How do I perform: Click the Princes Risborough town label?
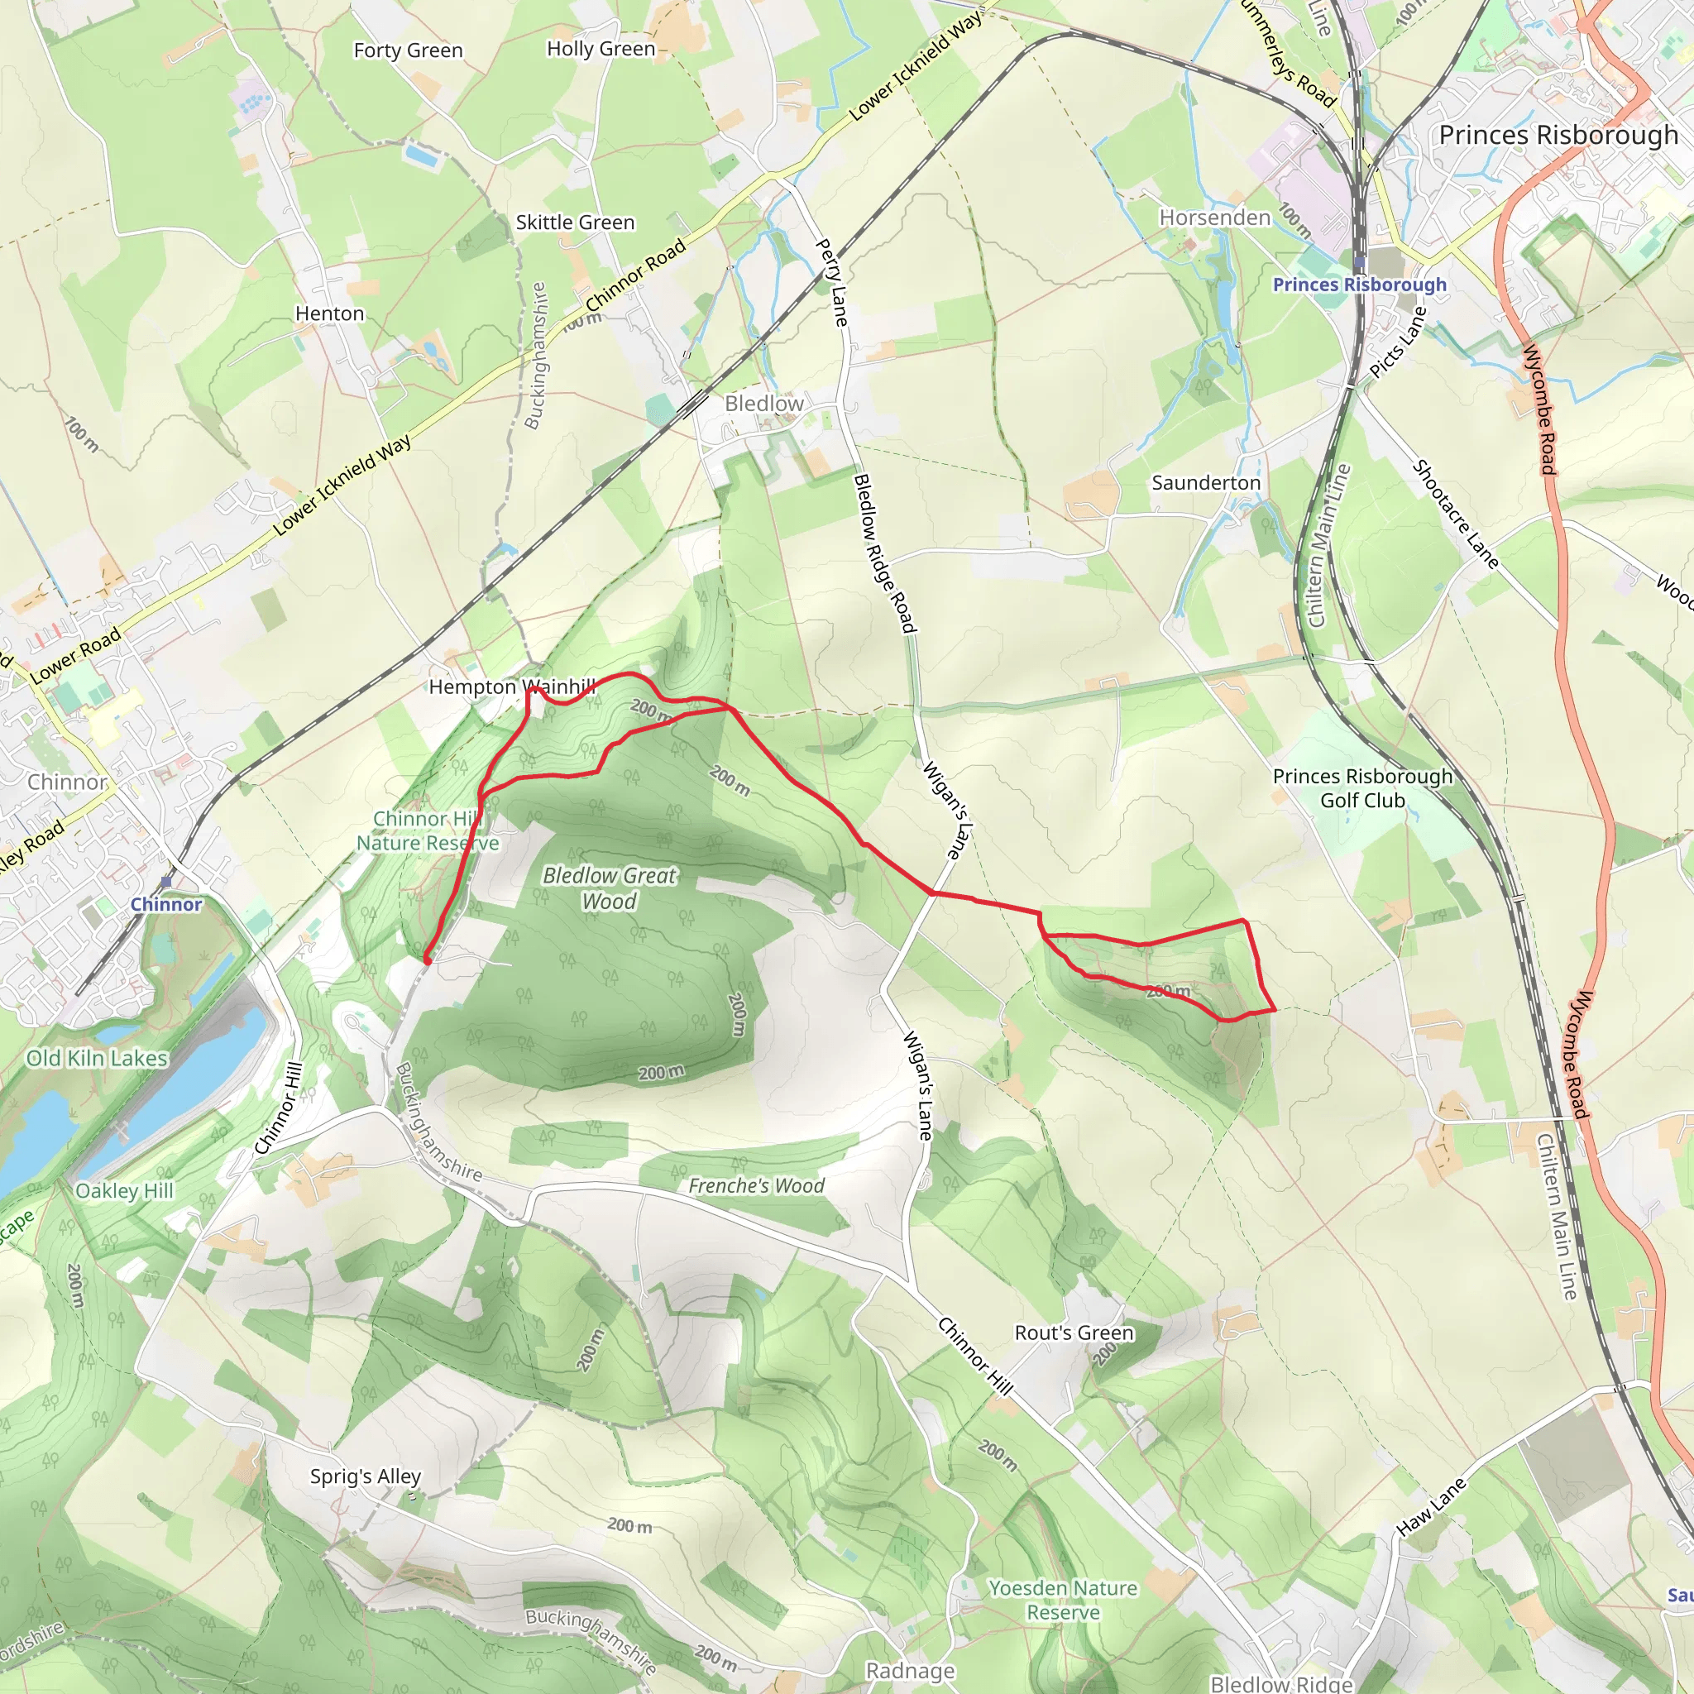point(1558,135)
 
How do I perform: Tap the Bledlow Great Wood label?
point(610,888)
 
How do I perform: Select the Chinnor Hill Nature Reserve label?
point(427,830)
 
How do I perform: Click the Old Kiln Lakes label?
point(97,1058)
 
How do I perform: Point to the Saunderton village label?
point(1206,482)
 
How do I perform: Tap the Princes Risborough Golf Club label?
point(1361,788)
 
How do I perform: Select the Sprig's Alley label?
point(366,1476)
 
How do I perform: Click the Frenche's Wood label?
point(756,1186)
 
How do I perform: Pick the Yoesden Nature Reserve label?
point(1063,1601)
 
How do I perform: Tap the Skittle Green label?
point(574,223)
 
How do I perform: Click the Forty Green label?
point(408,50)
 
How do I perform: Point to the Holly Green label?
point(601,49)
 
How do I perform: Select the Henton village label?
point(330,313)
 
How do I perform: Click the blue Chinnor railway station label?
point(165,904)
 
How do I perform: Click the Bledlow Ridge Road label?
point(884,553)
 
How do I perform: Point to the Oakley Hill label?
point(125,1191)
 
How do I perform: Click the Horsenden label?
point(1214,218)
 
